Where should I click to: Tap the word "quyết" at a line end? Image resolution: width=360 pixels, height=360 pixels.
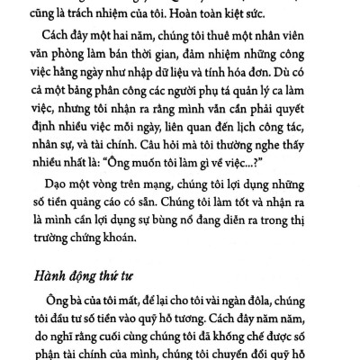tap(302, 134)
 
